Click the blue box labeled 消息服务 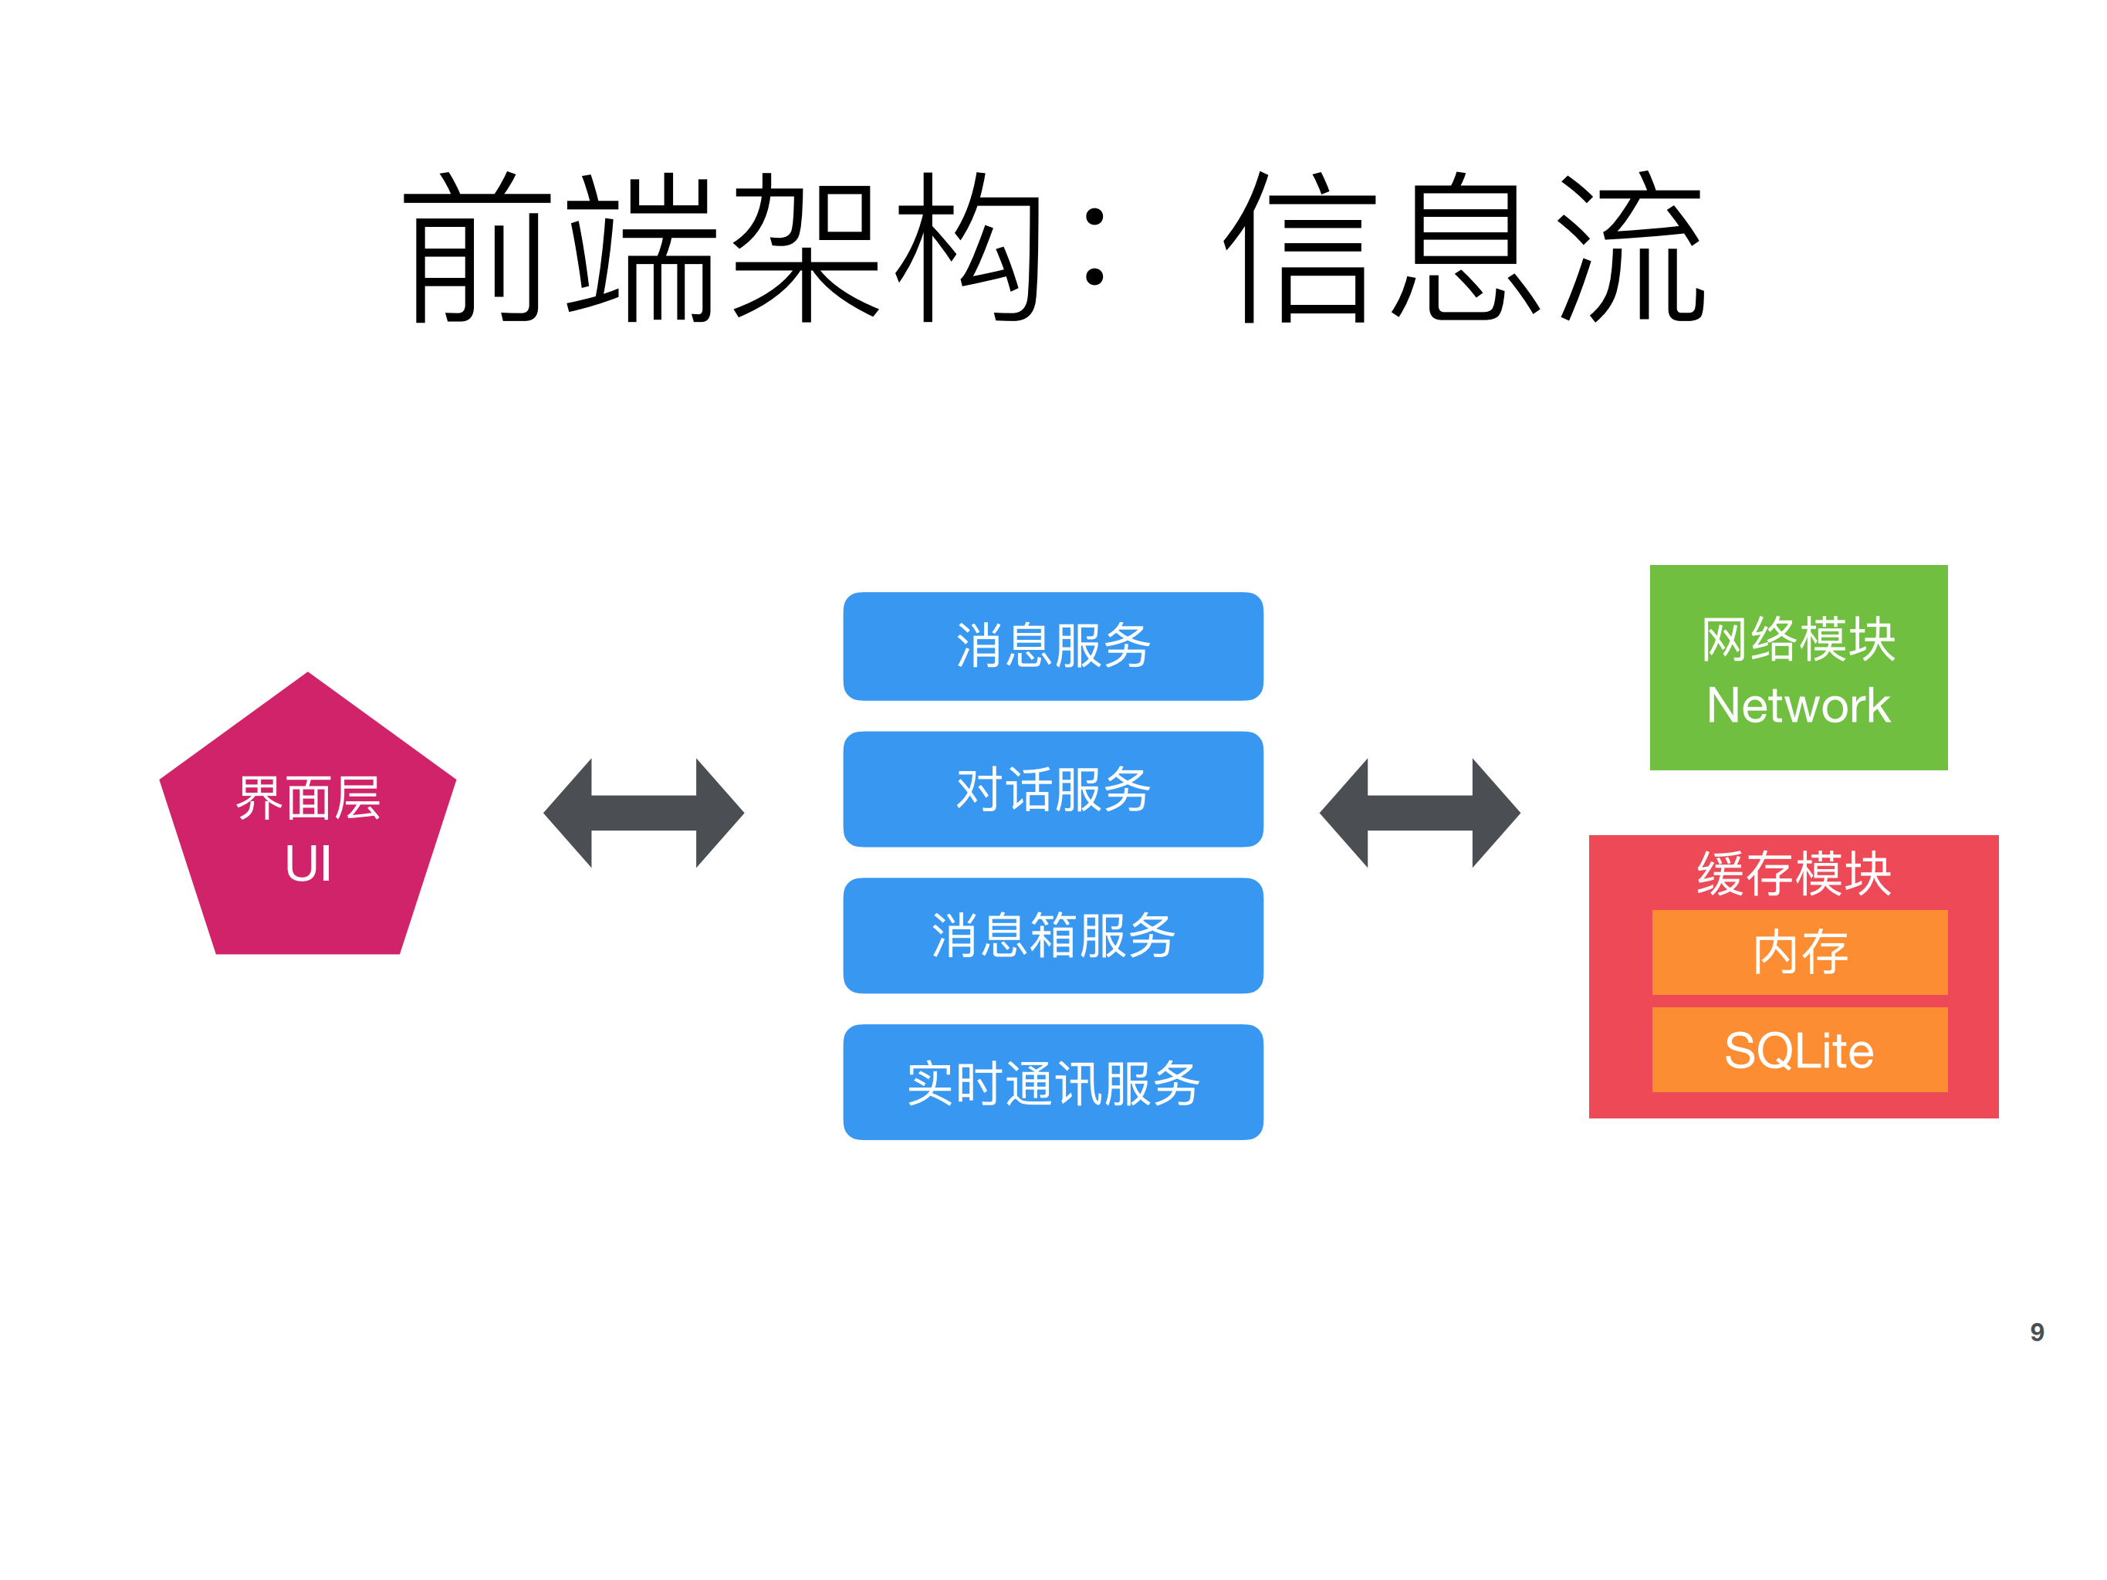(1053, 647)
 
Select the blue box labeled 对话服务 (1053, 790)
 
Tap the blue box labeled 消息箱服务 (1053, 935)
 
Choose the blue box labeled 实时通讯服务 (1053, 1083)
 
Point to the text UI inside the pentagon (308, 864)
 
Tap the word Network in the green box (1798, 705)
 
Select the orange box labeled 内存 (1799, 952)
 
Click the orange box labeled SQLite (1799, 1051)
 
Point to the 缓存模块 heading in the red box (1794, 873)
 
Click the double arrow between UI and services (643, 812)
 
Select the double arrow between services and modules (1419, 812)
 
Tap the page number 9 (2037, 1331)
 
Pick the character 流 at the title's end (1631, 248)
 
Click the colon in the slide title (1094, 248)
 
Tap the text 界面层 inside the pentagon (308, 798)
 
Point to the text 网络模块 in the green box (1798, 639)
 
